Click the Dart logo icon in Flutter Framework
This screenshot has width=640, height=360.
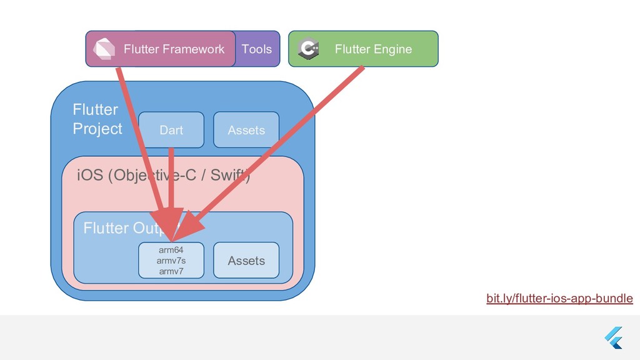[x=104, y=49]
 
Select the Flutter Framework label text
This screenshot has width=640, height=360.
[x=174, y=49]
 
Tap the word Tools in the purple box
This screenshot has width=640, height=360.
[x=257, y=49]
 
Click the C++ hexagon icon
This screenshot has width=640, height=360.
[x=309, y=49]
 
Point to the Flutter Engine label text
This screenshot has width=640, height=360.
[x=373, y=49]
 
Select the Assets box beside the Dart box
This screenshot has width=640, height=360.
[x=246, y=130]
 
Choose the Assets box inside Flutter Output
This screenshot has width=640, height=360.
[x=246, y=261]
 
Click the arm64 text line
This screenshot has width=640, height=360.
[x=171, y=251]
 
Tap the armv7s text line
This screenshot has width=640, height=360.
[x=171, y=261]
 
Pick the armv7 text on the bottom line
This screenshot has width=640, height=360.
[x=171, y=271]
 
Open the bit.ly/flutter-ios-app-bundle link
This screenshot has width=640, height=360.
[x=559, y=299]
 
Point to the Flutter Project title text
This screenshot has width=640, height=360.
[x=97, y=119]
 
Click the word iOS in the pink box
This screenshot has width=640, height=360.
[x=89, y=176]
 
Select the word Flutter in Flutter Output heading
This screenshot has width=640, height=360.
[x=105, y=228]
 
